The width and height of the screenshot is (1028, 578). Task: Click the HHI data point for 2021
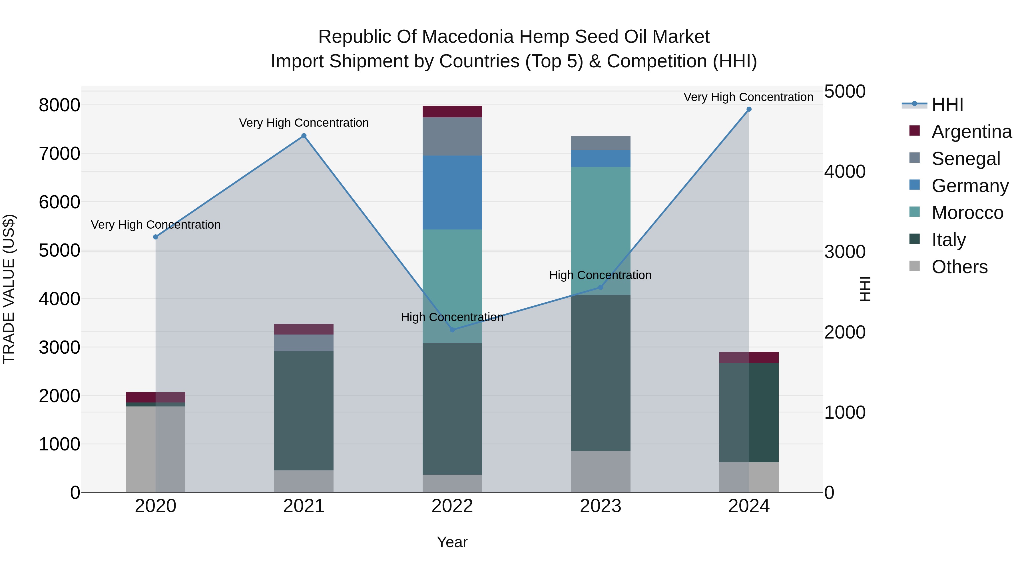coord(304,136)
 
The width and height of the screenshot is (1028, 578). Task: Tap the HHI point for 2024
coord(749,109)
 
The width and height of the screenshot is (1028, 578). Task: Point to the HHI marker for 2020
coord(156,237)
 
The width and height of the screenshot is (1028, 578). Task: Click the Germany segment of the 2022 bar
coord(452,192)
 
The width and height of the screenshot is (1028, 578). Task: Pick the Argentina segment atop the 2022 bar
coord(452,112)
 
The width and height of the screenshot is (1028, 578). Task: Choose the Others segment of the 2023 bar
coord(601,472)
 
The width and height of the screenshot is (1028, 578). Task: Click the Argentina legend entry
coord(971,132)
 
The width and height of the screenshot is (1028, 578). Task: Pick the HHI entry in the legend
coord(947,104)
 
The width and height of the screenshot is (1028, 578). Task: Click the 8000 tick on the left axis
coord(59,105)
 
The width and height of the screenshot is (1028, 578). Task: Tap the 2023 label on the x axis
coord(601,506)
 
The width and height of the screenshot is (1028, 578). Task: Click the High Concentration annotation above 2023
coord(600,275)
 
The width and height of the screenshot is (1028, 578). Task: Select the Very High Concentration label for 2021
coord(304,123)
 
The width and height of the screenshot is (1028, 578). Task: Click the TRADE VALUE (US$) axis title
coord(9,289)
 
